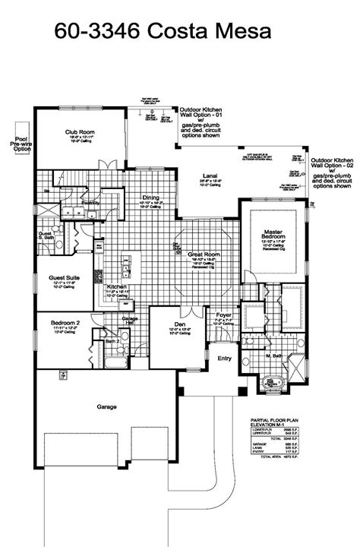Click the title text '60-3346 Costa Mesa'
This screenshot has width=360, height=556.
click(162, 31)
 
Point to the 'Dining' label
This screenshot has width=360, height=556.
click(150, 198)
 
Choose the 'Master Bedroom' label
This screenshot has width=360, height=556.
click(273, 232)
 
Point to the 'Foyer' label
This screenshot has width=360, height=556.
click(223, 312)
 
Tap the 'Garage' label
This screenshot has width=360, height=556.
click(106, 407)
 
